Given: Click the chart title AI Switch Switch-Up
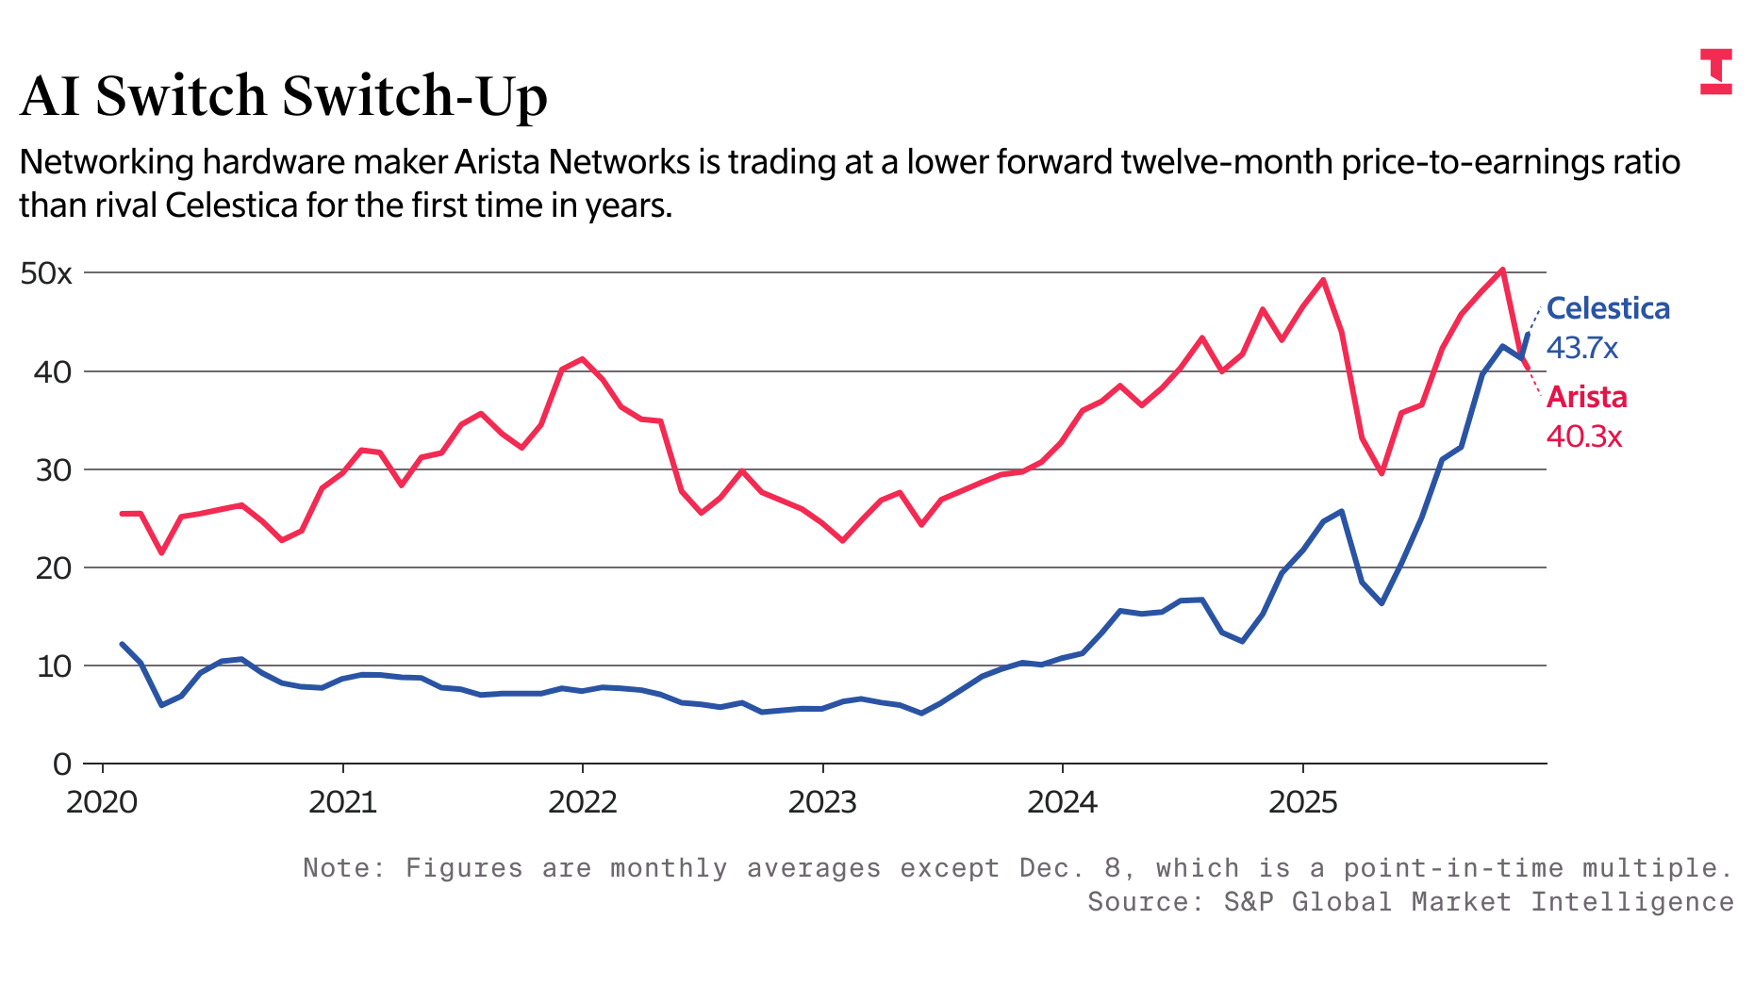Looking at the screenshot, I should coord(283,96).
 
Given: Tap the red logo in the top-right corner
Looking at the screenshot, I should coord(1715,72).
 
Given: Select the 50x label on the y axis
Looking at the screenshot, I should coord(46,273).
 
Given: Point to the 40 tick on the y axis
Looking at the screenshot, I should coord(53,371).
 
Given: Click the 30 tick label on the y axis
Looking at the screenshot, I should coord(53,469).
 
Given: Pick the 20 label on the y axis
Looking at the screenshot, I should coord(53,567).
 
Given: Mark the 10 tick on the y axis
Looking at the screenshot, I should coord(53,666).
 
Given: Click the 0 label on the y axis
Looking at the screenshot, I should coord(62,764).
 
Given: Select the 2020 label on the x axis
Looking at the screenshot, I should coord(102,802).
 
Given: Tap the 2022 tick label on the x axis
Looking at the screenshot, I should coord(582,802).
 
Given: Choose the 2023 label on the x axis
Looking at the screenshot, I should coord(822,802).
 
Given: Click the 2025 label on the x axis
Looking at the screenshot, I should coord(1302,802).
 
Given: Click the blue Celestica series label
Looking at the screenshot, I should coord(1608,308).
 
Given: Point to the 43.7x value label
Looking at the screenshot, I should coord(1582,348).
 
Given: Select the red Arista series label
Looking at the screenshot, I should coord(1586,397).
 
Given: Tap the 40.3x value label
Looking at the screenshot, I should coord(1584,436).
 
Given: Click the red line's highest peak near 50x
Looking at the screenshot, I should coord(1502,270).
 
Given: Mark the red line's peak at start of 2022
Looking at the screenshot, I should coord(582,359).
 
